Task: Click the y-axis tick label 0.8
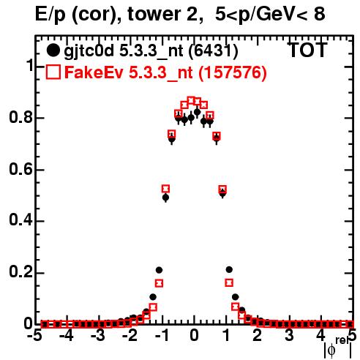[20, 118]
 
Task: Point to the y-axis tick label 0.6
[20, 169]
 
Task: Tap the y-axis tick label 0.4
[20, 220]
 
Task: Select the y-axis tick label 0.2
[20, 272]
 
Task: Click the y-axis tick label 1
[29, 66]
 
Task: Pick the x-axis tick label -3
[99, 336]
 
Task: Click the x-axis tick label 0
[194, 336]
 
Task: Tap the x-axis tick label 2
[258, 336]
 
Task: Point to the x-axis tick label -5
[35, 336]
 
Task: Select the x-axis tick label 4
[320, 336]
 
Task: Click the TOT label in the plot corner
[307, 50]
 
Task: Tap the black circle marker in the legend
[53, 50]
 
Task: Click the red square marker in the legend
[53, 72]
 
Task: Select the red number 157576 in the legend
[233, 72]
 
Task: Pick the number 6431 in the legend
[213, 50]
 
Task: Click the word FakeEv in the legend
[94, 72]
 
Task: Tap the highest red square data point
[191, 100]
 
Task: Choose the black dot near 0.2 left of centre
[159, 270]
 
